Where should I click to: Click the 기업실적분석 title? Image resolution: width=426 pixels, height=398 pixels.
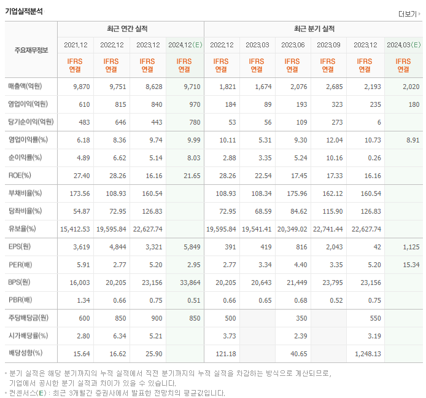coord(25,11)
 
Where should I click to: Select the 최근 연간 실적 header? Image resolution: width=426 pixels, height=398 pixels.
coord(130,29)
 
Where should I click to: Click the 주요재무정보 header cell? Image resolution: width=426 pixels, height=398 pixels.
coord(31,50)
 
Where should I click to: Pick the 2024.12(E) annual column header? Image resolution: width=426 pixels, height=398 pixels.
coord(185,45)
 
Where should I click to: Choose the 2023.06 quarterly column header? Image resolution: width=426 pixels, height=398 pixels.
coord(293,45)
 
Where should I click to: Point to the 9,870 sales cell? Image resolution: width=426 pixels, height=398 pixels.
coord(81,87)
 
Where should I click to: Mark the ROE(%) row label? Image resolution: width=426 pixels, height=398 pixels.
coord(21,176)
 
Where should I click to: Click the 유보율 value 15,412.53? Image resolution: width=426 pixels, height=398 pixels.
coord(76,229)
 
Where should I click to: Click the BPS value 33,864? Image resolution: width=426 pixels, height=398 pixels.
coord(190,283)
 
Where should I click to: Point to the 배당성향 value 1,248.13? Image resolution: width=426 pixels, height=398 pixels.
coord(367,354)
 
